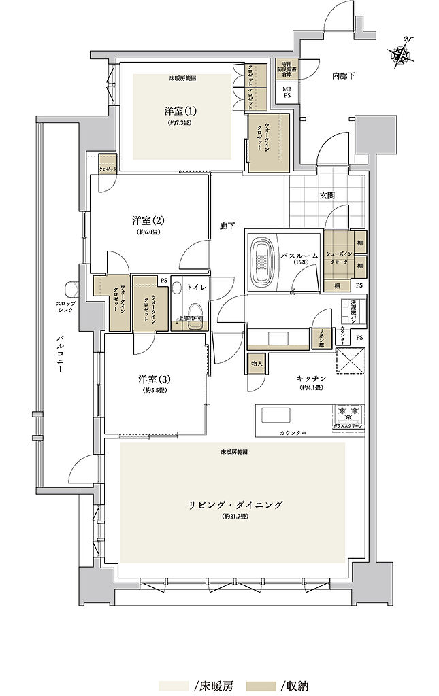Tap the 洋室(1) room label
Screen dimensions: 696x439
click(180, 111)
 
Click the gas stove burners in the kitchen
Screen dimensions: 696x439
click(348, 413)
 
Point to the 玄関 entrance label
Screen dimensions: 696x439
click(327, 196)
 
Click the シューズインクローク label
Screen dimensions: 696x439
click(338, 258)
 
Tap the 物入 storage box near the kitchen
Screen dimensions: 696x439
click(257, 364)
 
